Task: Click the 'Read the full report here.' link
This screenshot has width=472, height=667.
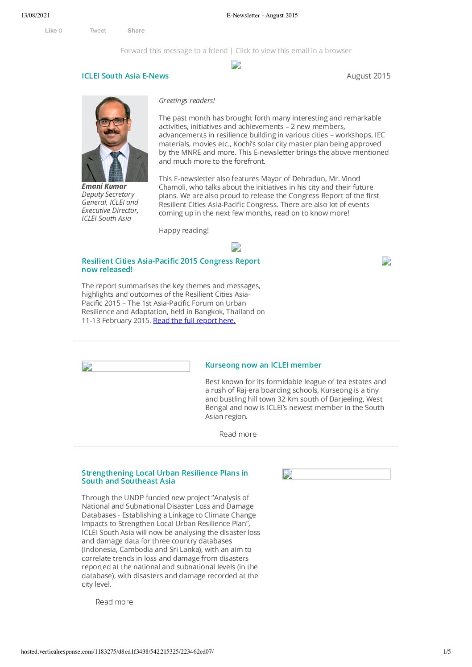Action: tap(194, 320)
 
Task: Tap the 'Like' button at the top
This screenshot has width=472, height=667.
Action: tap(51, 31)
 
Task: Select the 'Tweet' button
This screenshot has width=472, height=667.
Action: tap(98, 31)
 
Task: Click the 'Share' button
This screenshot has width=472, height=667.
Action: tap(136, 31)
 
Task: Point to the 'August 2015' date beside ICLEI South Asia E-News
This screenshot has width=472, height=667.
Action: tap(368, 76)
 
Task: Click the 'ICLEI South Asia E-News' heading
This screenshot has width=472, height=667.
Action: tap(125, 76)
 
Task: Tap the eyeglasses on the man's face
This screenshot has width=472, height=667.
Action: tap(112, 121)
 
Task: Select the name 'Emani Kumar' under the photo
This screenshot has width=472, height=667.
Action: tap(104, 186)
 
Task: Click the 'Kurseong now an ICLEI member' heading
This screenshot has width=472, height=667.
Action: tap(263, 365)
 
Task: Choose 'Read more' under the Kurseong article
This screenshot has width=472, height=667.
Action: tap(238, 434)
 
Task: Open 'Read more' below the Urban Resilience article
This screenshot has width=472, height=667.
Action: tap(114, 602)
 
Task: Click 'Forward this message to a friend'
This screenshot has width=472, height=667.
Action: tap(174, 51)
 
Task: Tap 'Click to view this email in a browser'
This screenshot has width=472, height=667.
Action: tap(293, 51)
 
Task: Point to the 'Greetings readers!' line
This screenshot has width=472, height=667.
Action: tap(187, 101)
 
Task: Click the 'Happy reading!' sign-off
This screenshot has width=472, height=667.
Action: tap(184, 231)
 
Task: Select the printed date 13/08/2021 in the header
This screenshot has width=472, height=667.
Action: tap(36, 16)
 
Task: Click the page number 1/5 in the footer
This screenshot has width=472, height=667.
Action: tap(447, 652)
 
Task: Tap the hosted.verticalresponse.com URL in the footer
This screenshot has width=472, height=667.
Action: tap(117, 652)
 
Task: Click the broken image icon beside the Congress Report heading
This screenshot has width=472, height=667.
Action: tap(386, 261)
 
